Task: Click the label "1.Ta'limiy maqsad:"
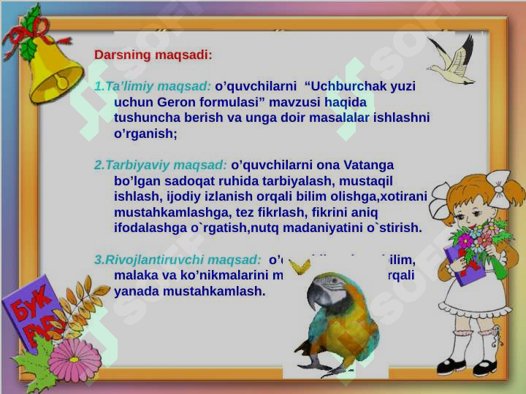(153, 86)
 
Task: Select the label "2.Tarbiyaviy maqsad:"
(161, 165)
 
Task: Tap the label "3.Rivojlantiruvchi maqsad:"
(178, 259)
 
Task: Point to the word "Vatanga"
(370, 165)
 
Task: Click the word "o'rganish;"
(145, 134)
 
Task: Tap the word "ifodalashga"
(149, 228)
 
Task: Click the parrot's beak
(316, 296)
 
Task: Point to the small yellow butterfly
(300, 266)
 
